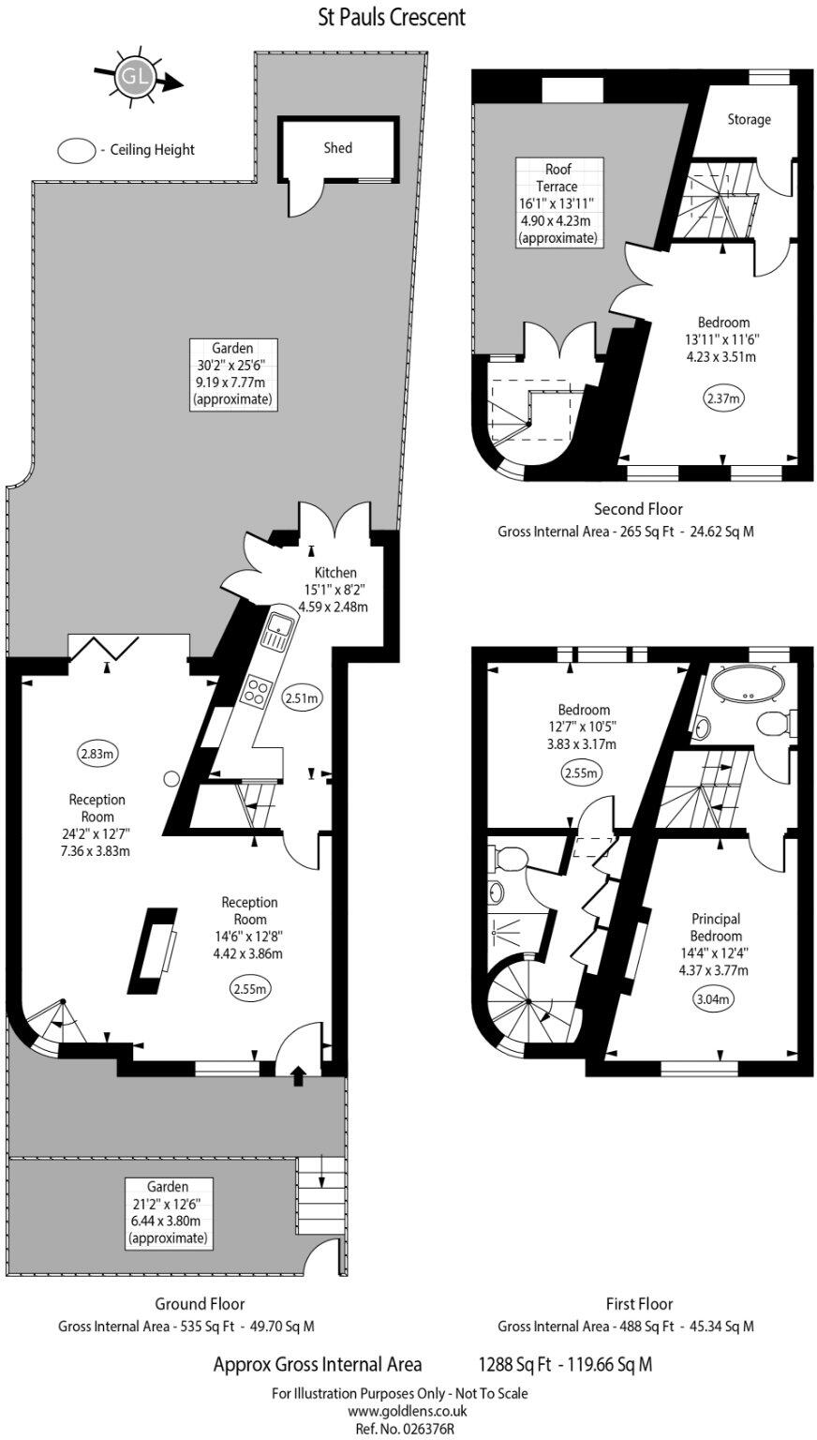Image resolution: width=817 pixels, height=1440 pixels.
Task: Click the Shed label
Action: coord(337,148)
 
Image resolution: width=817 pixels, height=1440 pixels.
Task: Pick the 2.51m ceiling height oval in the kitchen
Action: coord(301,697)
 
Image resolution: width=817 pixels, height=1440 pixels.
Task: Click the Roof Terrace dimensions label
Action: coord(558,203)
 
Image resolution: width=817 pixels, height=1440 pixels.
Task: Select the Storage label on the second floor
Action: coord(750,119)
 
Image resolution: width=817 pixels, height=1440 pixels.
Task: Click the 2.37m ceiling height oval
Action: coord(722,398)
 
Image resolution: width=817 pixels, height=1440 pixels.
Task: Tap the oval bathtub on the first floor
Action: coord(748,683)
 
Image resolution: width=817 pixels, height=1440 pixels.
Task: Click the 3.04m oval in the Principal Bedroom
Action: coord(712,999)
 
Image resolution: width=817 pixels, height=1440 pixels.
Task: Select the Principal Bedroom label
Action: coord(716,927)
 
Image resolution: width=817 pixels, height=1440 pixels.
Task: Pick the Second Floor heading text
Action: coord(638,509)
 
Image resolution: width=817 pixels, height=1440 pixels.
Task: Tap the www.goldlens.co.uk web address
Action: coord(408,1410)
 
